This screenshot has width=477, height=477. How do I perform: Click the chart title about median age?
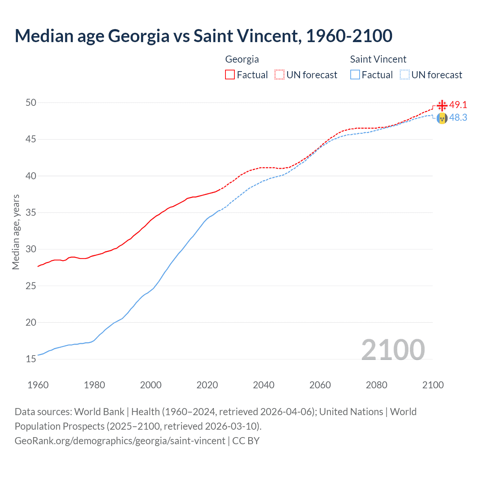click(203, 36)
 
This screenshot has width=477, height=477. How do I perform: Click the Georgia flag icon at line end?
click(442, 105)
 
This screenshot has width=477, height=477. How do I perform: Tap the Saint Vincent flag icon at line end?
click(442, 119)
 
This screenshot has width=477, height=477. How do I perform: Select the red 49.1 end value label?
click(458, 105)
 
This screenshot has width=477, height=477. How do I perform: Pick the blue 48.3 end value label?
click(458, 117)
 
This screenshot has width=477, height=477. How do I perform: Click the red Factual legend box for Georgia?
click(230, 75)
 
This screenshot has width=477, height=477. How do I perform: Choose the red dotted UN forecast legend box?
click(279, 75)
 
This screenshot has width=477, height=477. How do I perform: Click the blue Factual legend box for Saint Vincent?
click(355, 75)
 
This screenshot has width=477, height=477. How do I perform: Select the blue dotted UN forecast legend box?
click(405, 75)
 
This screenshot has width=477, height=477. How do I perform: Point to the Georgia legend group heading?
click(242, 59)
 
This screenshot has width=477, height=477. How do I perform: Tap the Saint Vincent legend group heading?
click(378, 59)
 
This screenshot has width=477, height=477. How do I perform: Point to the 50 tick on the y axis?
click(31, 102)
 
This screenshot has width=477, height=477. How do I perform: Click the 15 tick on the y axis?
click(31, 359)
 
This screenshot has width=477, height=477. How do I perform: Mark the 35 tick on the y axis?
click(31, 213)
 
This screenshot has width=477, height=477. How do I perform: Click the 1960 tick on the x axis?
click(38, 385)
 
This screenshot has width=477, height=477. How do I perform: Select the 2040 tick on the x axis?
click(263, 385)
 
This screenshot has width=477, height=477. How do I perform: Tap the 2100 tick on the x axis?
click(433, 385)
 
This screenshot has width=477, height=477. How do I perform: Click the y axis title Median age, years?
click(16, 232)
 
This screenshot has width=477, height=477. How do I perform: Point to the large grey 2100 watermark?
click(393, 350)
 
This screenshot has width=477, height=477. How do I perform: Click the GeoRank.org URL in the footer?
click(120, 441)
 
